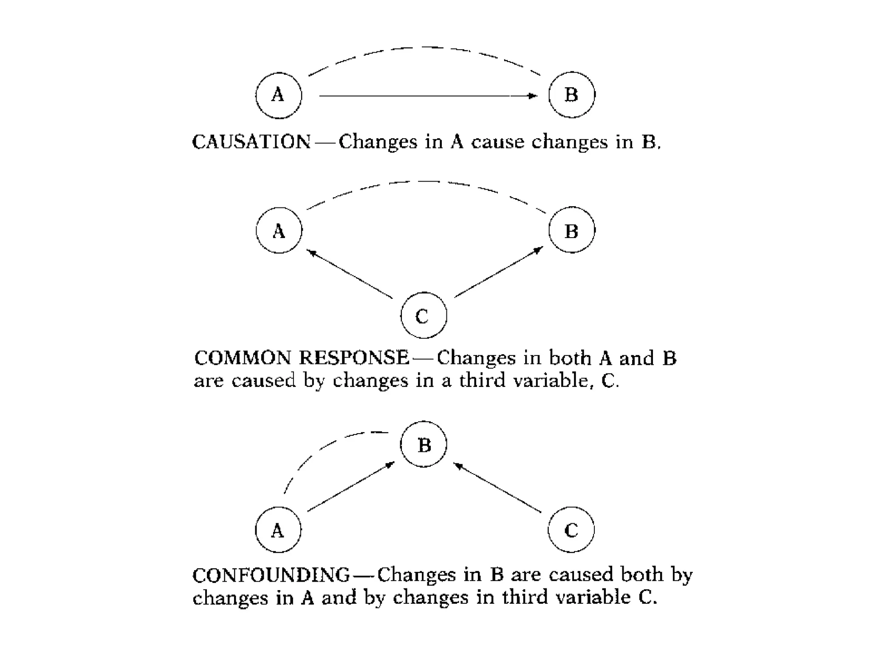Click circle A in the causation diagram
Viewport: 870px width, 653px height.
click(x=279, y=95)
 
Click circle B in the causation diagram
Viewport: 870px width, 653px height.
click(x=571, y=95)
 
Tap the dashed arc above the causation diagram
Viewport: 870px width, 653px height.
click(x=425, y=48)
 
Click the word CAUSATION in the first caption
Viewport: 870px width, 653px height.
click(x=251, y=142)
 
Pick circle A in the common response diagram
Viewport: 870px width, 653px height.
click(x=279, y=230)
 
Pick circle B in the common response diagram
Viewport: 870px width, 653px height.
click(x=571, y=230)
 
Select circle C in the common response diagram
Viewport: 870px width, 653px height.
click(x=424, y=315)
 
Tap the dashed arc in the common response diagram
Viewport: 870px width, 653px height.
click(x=425, y=182)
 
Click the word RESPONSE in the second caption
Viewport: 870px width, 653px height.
click(x=353, y=358)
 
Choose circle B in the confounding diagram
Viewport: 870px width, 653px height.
click(x=424, y=444)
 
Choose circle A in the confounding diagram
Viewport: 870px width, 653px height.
click(x=278, y=530)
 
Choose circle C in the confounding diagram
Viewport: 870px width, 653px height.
click(x=571, y=530)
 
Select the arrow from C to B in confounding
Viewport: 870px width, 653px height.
click(x=498, y=487)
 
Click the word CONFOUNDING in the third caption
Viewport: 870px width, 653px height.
click(x=271, y=575)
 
